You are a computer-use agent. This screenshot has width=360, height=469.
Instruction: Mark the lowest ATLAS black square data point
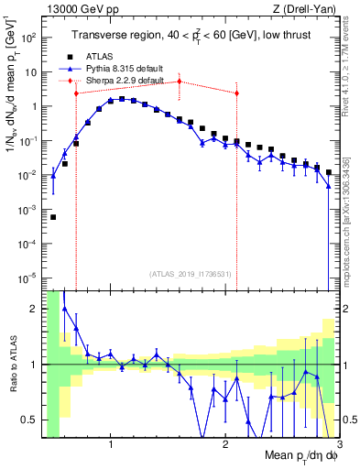point(53,217)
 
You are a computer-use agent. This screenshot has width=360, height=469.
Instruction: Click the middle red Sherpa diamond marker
point(180,82)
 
